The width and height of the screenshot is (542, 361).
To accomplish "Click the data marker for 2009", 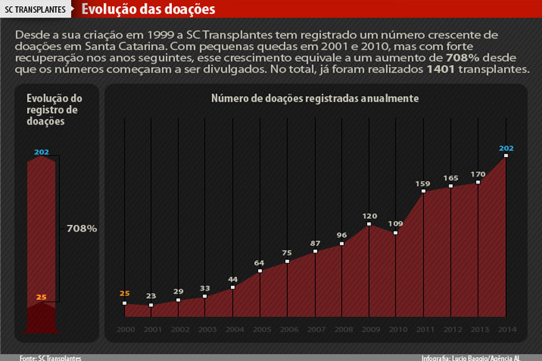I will [369, 224].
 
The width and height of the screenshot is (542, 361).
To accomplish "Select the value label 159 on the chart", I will [423, 183].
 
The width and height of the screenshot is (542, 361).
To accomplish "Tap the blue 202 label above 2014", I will [506, 148].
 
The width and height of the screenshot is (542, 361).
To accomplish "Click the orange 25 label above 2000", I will [125, 293].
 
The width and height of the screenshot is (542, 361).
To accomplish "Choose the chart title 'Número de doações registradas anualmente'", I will [315, 98].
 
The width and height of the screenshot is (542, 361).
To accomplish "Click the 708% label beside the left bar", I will [82, 229].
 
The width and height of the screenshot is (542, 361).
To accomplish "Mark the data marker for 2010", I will [396, 233].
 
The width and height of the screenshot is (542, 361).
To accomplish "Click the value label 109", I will [396, 224].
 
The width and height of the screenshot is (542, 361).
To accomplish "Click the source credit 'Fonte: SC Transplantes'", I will [51, 357].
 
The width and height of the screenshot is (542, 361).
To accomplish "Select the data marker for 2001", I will [151, 305].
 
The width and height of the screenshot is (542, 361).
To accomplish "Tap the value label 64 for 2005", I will [260, 262].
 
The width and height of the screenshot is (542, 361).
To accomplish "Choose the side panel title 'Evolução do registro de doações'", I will [45, 110].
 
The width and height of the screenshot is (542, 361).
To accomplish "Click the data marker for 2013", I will [478, 182].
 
